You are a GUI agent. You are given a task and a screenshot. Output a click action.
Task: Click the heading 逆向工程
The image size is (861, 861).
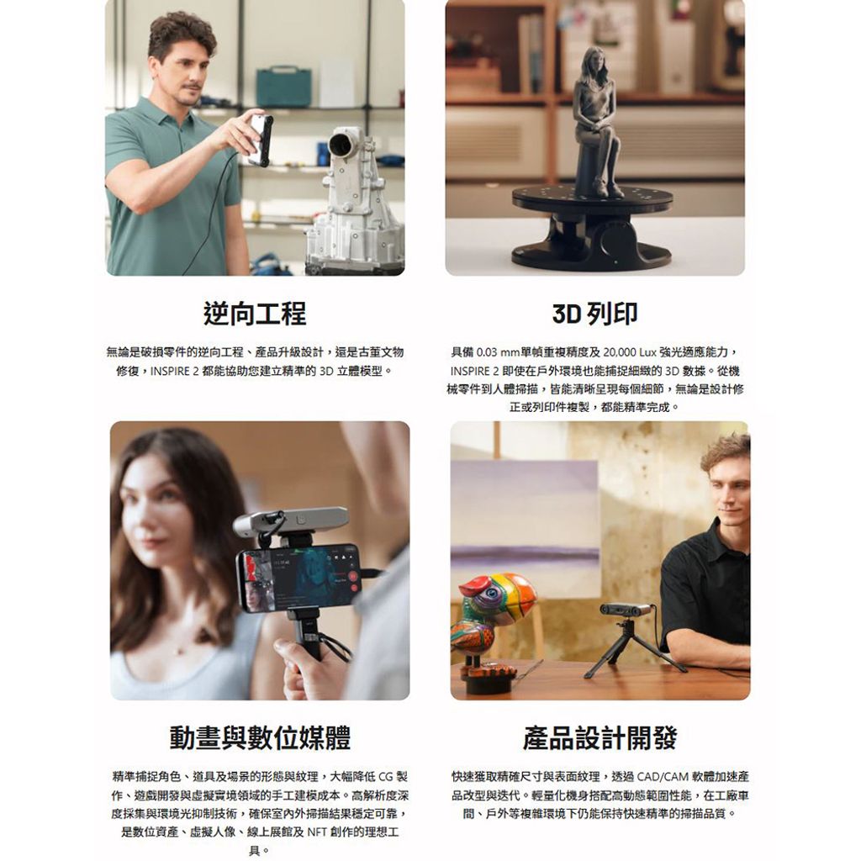click(x=254, y=314)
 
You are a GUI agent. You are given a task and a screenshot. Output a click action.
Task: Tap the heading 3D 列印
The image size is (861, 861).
click(x=594, y=314)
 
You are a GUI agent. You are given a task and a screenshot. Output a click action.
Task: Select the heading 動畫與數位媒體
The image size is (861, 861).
click(x=260, y=737)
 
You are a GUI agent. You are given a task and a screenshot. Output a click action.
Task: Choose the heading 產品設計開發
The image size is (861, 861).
click(x=600, y=737)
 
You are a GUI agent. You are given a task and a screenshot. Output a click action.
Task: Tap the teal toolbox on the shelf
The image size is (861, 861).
click(x=283, y=87)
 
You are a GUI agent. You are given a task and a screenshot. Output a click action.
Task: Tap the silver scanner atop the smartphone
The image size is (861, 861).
click(x=291, y=522)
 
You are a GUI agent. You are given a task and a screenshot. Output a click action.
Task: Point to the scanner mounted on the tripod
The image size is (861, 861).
click(x=626, y=609)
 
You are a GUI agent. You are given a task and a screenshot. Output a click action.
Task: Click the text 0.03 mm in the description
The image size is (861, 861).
click(x=498, y=352)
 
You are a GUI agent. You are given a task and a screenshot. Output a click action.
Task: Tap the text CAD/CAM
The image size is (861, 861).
click(x=663, y=776)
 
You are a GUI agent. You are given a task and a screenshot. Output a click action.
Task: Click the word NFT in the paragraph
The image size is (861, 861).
click(x=317, y=832)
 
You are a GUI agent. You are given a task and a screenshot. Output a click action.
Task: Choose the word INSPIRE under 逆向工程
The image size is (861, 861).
click(x=170, y=371)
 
